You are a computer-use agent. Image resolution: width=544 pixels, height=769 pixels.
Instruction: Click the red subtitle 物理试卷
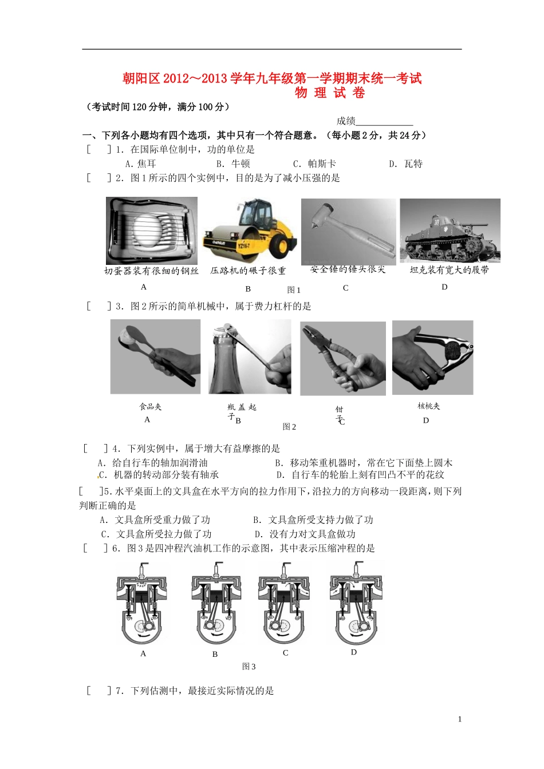coord(330,93)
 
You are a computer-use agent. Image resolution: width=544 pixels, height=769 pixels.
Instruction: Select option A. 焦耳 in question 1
coord(140,164)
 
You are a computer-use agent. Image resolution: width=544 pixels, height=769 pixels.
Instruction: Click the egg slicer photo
coord(152,231)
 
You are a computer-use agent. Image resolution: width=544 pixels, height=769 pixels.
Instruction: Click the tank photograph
coord(450,231)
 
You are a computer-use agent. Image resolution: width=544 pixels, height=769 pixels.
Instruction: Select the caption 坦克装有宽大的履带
coord(449,270)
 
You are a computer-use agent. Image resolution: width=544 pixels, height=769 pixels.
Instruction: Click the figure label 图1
coord(294,290)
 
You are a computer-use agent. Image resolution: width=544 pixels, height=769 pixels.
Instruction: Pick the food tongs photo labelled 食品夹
coord(155,357)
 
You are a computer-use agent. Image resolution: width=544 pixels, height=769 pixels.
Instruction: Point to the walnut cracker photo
coord(432,358)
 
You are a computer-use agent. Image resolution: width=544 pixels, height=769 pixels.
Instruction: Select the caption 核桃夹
coord(428,406)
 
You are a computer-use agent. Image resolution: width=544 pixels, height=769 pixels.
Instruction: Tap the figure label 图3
coord(249,667)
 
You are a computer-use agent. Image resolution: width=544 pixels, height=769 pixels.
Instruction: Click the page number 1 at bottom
coord(459,719)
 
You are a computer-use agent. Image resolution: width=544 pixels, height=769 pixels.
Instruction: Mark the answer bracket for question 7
coord(99,691)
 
